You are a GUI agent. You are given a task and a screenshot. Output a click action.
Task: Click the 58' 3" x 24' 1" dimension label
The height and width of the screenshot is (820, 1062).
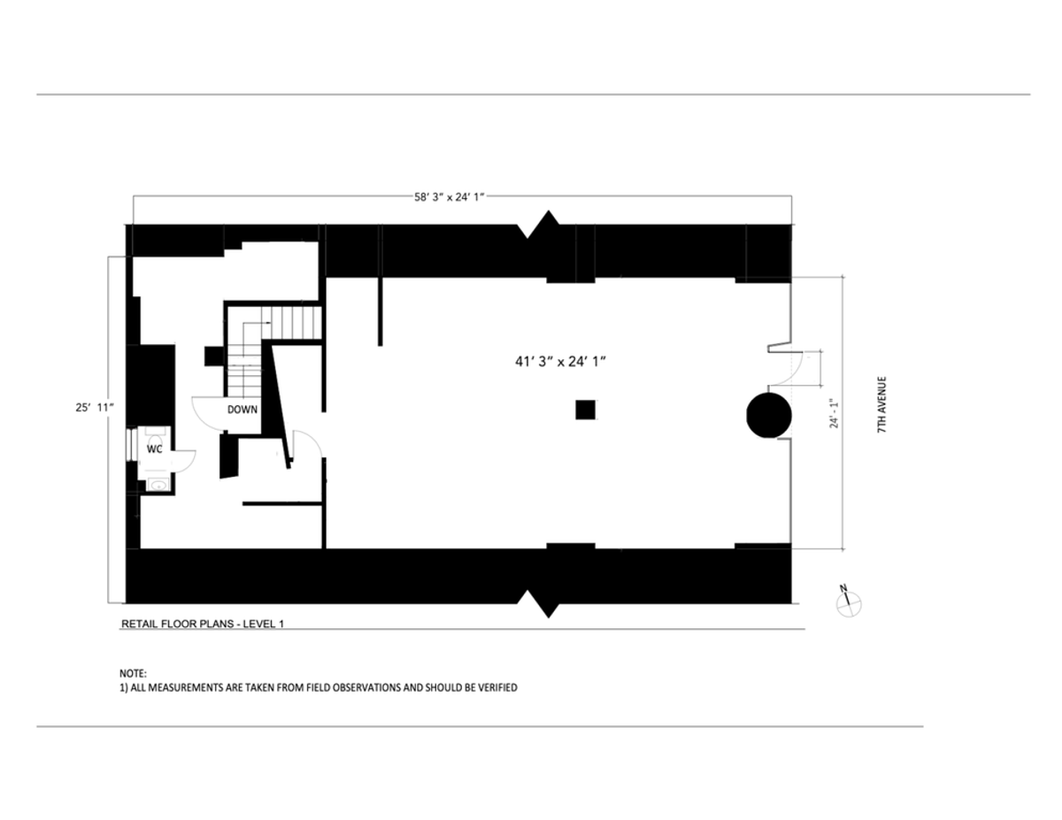(450, 197)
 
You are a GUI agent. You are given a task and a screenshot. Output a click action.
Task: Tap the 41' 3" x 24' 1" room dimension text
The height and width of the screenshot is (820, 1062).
(560, 362)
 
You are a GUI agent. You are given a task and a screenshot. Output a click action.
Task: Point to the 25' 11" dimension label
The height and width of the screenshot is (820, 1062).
(95, 407)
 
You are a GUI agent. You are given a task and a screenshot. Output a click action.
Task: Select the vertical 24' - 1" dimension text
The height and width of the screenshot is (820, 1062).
(834, 414)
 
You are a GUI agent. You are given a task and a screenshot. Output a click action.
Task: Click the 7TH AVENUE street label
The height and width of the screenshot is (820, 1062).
(881, 405)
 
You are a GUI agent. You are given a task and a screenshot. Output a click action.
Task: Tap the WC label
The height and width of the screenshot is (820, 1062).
(155, 448)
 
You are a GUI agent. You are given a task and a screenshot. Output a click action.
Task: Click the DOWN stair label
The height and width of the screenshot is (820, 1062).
(242, 410)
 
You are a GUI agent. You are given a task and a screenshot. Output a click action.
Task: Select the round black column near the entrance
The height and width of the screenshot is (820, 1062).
(769, 415)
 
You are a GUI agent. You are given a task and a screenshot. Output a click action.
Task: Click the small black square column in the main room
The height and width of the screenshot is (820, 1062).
(585, 410)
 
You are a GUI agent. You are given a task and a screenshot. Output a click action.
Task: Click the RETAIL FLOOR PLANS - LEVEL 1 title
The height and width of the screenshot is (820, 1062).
(203, 624)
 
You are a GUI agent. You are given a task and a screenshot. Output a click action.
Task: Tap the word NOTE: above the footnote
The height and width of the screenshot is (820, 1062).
(133, 673)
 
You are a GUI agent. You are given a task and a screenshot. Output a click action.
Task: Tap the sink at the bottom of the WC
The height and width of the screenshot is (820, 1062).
(158, 485)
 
